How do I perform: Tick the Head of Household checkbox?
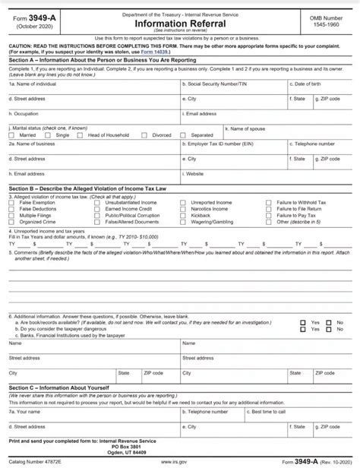(x=83, y=134)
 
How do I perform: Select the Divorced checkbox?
(x=147, y=134)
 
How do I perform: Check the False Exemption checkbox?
(x=14, y=203)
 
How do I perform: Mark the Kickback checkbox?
(x=185, y=215)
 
